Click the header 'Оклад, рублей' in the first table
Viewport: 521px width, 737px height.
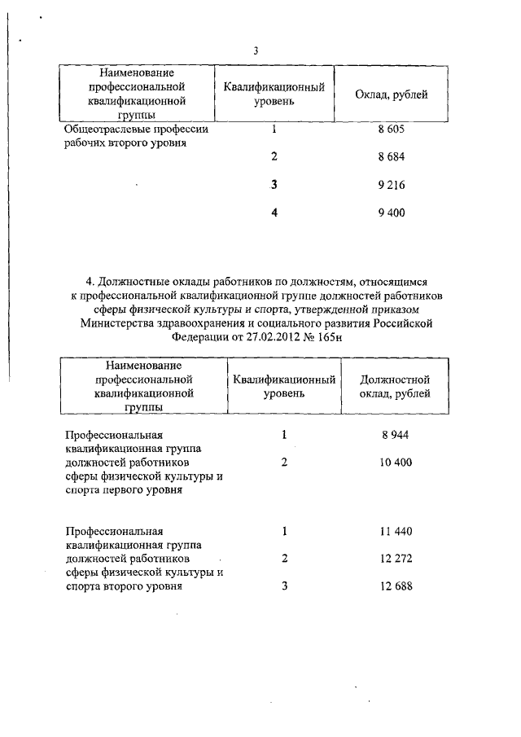[x=392, y=95]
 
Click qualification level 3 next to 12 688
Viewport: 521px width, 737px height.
[x=285, y=587]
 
